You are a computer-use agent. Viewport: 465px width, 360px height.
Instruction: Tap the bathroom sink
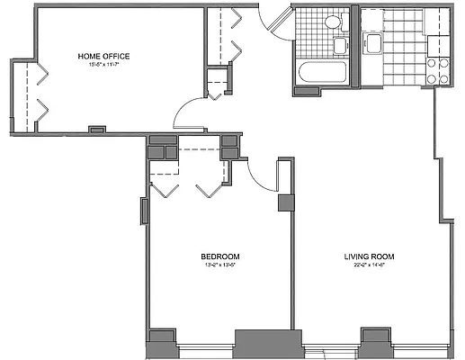(341, 46)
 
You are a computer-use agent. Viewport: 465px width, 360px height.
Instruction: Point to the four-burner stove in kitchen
(437, 71)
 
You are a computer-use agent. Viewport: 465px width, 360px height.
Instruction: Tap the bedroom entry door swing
(260, 175)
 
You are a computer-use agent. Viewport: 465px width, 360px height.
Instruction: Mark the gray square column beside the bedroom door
(286, 203)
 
